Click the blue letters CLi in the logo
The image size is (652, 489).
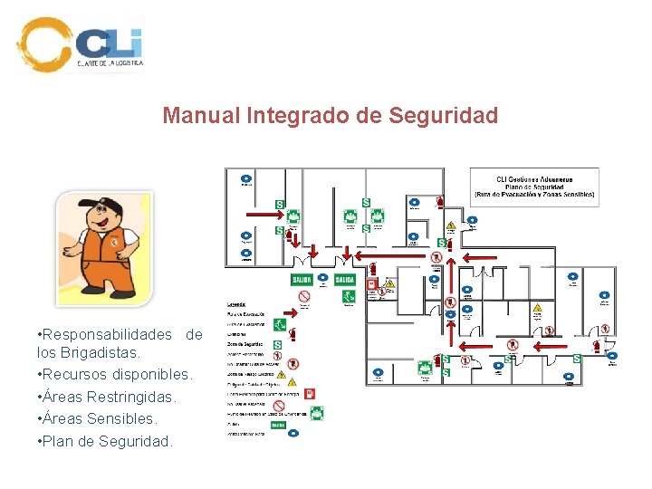109,43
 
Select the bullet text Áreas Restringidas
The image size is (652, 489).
96,397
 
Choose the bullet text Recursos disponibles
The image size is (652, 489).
114,374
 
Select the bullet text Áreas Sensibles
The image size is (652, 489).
96,419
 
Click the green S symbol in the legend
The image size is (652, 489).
277,344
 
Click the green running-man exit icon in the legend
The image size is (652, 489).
283,322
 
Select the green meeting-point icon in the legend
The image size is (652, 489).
317,413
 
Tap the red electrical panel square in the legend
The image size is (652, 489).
310,394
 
